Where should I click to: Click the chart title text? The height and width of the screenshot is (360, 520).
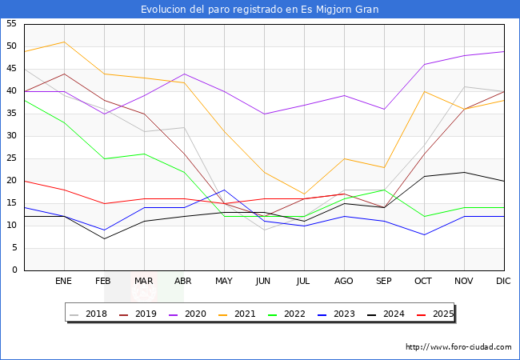click(260, 10)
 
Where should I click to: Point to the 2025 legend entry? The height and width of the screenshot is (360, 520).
click(442, 314)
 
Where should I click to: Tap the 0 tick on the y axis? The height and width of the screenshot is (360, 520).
click(14, 270)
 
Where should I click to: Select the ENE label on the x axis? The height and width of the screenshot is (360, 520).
click(64, 282)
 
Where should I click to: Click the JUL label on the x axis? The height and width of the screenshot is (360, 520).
click(304, 282)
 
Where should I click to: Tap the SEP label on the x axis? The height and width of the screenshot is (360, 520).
click(384, 282)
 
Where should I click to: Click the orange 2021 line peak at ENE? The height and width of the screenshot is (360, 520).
click(64, 42)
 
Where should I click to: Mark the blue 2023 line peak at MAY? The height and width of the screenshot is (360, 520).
click(224, 190)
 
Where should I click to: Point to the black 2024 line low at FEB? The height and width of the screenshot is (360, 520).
click(104, 238)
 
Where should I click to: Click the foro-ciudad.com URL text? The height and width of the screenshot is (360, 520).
click(458, 347)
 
